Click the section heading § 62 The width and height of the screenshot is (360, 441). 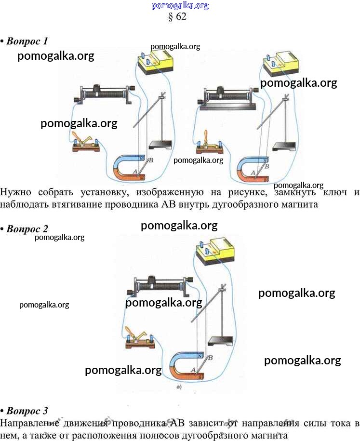click(177, 16)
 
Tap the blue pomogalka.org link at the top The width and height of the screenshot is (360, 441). click(180, 5)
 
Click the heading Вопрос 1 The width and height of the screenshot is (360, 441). click(27, 41)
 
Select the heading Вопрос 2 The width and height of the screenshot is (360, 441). click(27, 228)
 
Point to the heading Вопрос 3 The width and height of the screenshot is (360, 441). click(27, 411)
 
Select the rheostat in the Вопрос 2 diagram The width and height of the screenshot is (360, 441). click(160, 288)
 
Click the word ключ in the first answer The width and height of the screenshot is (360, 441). click(333, 192)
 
